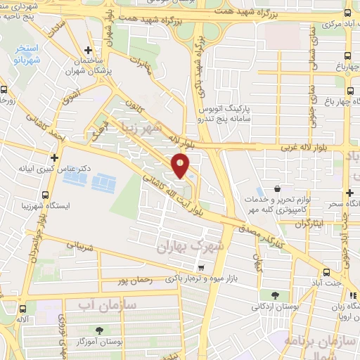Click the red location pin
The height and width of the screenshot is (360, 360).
[181, 166]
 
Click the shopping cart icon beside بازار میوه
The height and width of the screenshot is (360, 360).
[201, 267]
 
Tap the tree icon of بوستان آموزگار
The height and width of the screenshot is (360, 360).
[99, 330]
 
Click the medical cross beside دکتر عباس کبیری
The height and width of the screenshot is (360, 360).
[54, 157]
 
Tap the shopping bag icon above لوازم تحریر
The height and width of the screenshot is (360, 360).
[278, 189]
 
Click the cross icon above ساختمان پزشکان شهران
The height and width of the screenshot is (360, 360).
[87, 51]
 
